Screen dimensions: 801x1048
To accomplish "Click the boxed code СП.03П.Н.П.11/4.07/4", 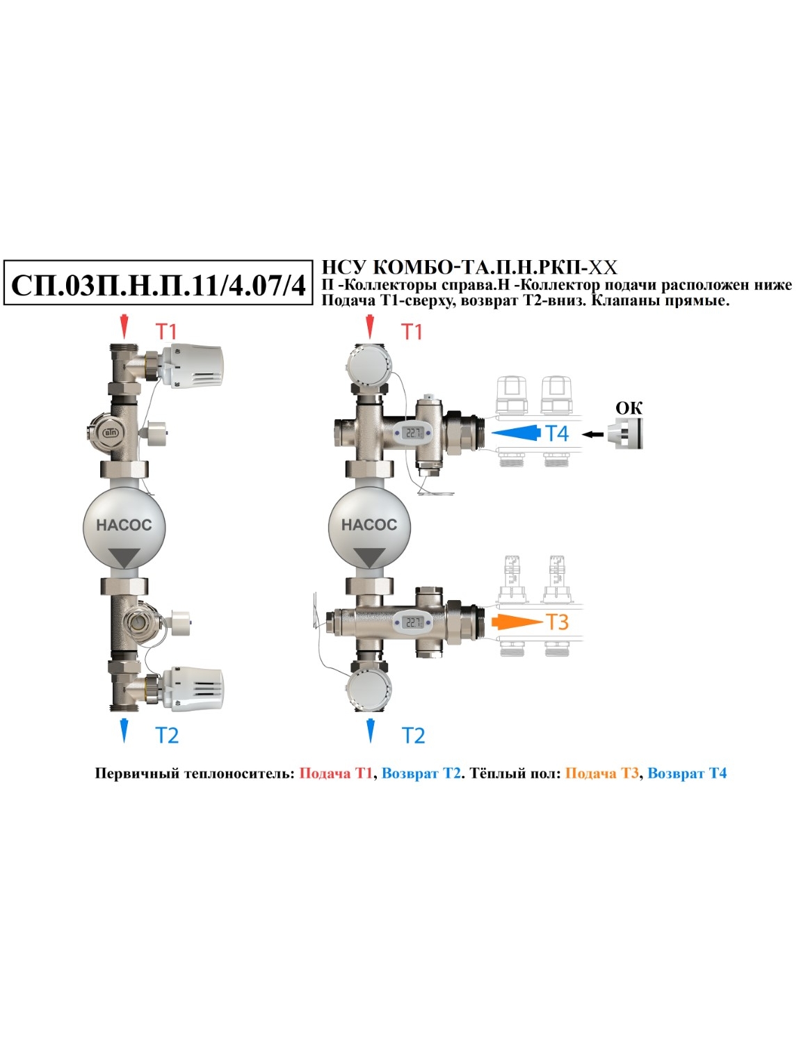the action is tap(158, 286).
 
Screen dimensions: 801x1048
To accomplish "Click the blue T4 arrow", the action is tap(515, 433).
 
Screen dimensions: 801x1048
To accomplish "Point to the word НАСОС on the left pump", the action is tap(124, 525).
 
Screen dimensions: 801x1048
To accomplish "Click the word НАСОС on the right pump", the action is tap(369, 525).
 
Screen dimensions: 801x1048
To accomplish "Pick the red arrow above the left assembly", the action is tap(124, 327).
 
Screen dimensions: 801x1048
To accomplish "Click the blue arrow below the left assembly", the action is tap(124, 730).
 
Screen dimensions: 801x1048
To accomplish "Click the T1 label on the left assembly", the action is tap(166, 331).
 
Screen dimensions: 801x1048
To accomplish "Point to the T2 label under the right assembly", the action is tap(414, 736).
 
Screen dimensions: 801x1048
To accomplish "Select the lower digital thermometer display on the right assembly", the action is tap(412, 622).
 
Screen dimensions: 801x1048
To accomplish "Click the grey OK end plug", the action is tap(625, 433).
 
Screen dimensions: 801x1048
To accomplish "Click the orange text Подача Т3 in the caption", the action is tap(601, 773).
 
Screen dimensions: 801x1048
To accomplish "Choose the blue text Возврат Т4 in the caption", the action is tap(687, 773).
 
